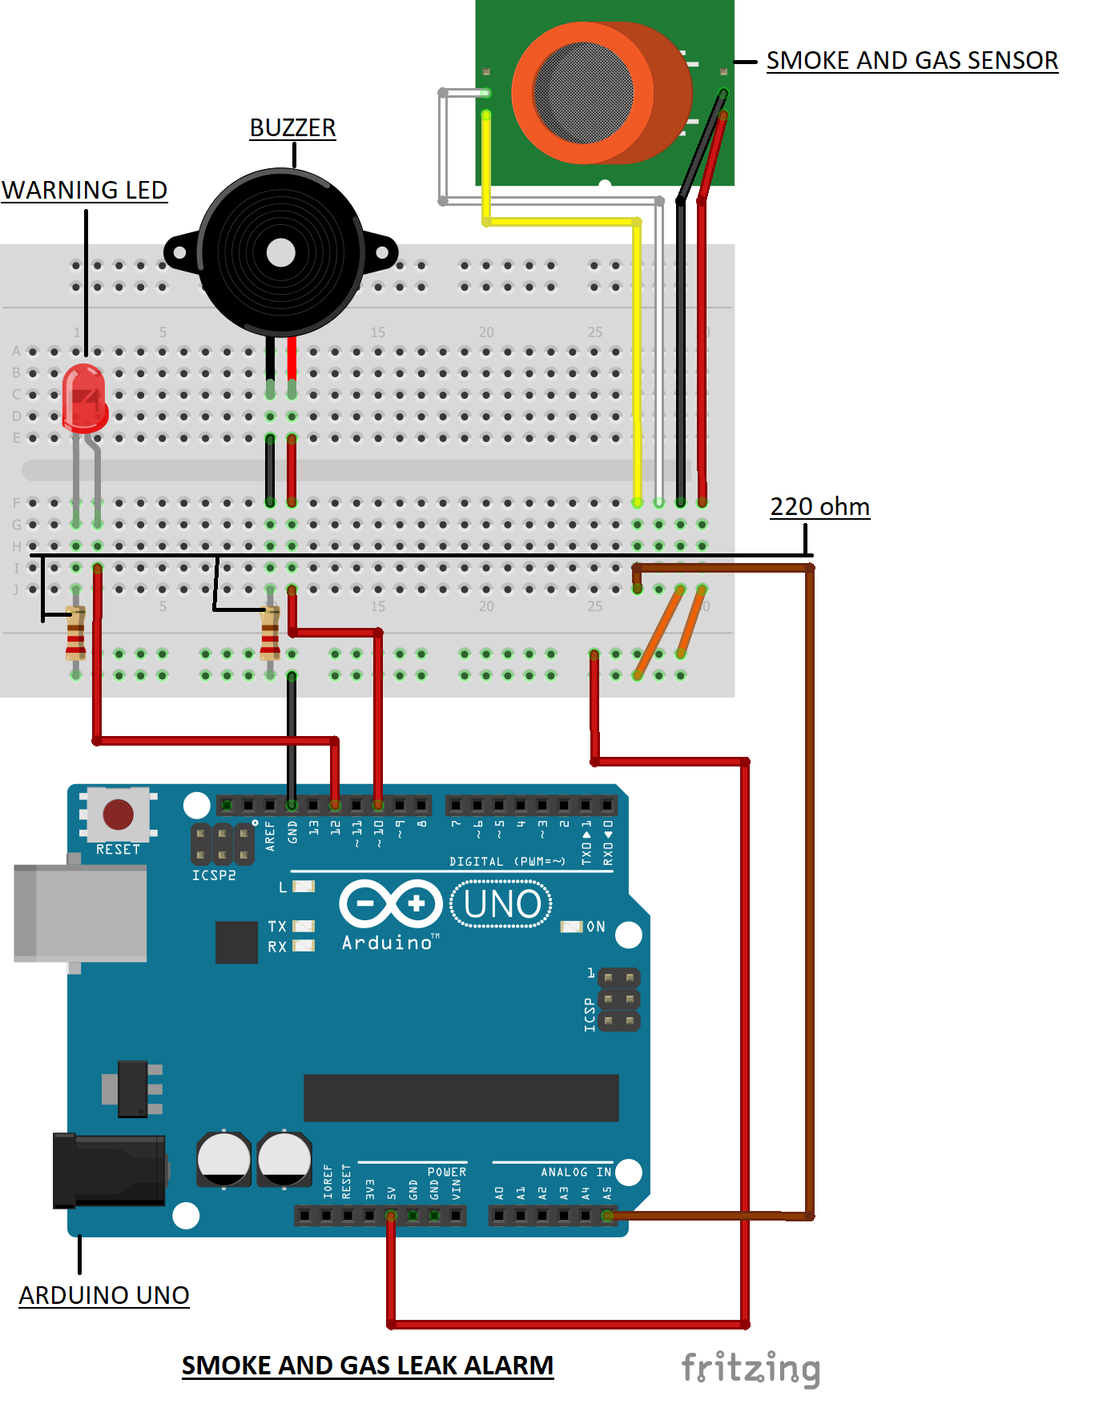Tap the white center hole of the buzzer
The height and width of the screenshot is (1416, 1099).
click(x=280, y=252)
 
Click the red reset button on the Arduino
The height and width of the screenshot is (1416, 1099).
click(x=119, y=814)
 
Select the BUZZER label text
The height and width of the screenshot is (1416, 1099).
click(x=292, y=128)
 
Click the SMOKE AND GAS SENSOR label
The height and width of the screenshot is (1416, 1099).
click(x=912, y=61)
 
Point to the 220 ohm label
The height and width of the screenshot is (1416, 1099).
click(x=819, y=507)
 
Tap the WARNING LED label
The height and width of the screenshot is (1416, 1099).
click(x=84, y=191)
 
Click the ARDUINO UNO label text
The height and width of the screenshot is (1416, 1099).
click(x=104, y=1295)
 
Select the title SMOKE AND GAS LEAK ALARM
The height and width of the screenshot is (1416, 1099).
click(x=368, y=1366)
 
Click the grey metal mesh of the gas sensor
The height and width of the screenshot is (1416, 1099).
click(x=582, y=91)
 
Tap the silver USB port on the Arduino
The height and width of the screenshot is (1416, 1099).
click(x=80, y=913)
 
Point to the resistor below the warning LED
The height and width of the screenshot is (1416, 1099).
click(x=75, y=633)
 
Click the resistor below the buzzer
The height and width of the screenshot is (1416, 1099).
click(x=270, y=633)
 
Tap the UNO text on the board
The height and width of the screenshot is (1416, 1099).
click(x=501, y=904)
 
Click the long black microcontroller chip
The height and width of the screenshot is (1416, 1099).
click(x=461, y=1097)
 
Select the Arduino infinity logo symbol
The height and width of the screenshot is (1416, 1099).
click(x=390, y=904)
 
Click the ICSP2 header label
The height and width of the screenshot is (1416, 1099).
click(x=214, y=875)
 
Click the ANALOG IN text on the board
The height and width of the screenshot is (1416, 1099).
click(x=575, y=1172)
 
